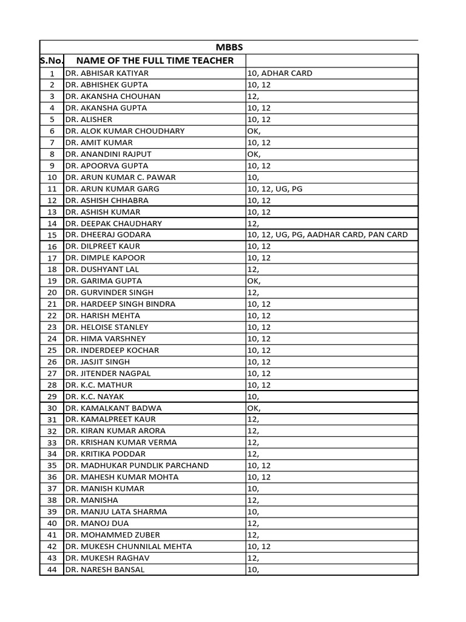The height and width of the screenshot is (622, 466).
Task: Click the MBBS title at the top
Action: pyautogui.click(x=229, y=47)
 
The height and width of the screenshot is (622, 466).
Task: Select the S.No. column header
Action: pyautogui.click(x=52, y=60)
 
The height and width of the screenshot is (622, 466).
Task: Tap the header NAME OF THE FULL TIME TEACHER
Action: pyautogui.click(x=155, y=60)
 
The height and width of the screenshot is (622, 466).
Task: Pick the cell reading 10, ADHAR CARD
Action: pyautogui.click(x=280, y=73)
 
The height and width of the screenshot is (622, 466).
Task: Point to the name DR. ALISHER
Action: pyautogui.click(x=89, y=119)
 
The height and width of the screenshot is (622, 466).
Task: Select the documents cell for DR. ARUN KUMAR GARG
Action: pyautogui.click(x=275, y=189)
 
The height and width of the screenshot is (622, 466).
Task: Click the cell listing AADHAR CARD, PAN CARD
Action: pyautogui.click(x=328, y=234)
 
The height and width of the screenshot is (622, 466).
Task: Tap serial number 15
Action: pyautogui.click(x=52, y=235)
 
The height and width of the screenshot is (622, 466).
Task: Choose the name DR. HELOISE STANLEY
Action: pyautogui.click(x=107, y=327)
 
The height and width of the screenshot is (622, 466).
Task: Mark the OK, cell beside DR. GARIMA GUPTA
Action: pyautogui.click(x=254, y=281)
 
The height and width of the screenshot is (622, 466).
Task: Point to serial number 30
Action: pyautogui.click(x=52, y=408)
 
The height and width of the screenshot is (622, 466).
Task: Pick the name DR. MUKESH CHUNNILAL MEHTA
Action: pyautogui.click(x=129, y=546)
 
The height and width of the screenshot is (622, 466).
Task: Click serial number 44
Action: pyautogui.click(x=52, y=570)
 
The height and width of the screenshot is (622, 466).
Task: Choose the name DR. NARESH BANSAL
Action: pyautogui.click(x=105, y=569)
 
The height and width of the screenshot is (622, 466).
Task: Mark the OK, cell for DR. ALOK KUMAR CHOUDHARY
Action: pyautogui.click(x=254, y=131)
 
